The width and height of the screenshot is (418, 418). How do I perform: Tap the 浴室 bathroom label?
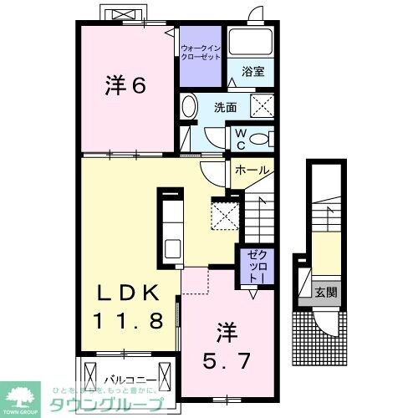tap(254, 73)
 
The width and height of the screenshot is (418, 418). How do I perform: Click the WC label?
tap(238, 136)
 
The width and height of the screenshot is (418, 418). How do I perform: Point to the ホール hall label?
tap(252, 170)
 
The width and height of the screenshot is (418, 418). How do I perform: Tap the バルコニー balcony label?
tap(126, 379)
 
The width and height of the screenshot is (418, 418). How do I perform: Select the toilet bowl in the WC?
tap(259, 138)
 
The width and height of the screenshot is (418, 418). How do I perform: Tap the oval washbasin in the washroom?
tap(188, 107)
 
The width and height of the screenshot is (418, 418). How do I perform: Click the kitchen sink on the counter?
tap(171, 248)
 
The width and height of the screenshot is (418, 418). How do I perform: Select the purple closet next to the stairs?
tap(255, 264)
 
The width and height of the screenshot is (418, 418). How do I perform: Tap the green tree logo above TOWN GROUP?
tap(24, 393)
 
